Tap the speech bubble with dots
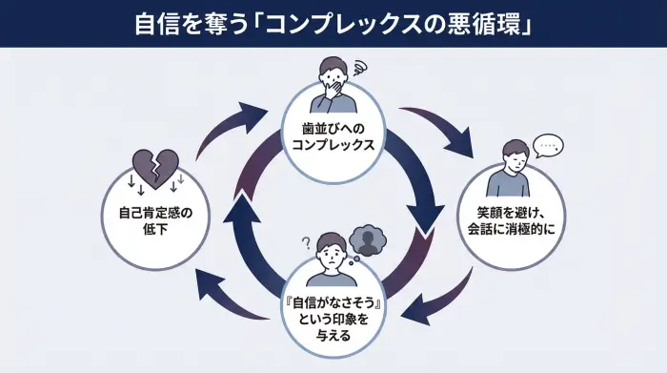coord(547,146)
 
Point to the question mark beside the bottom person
coord(306,242)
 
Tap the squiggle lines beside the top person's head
coord(360,69)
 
